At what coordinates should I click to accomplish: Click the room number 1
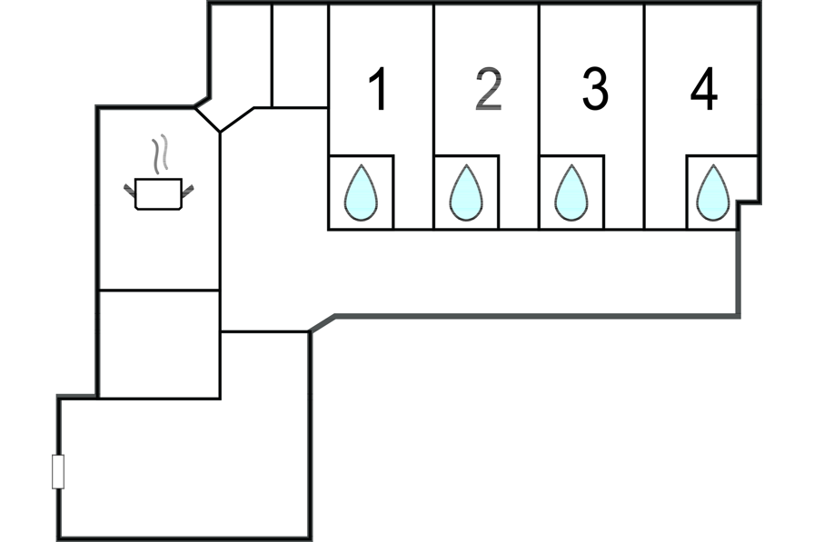tap(379, 91)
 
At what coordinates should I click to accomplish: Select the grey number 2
tap(488, 91)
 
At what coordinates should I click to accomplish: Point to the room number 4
tap(703, 91)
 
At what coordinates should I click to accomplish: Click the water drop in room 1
tap(361, 192)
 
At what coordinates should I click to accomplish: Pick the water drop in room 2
tap(466, 192)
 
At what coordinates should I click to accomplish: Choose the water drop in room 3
tap(571, 192)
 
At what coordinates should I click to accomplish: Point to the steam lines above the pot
tap(160, 154)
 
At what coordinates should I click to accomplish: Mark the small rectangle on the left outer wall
tap(58, 472)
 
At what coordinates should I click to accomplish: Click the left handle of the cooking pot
tap(129, 189)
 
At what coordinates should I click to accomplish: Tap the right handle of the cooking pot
tap(189, 189)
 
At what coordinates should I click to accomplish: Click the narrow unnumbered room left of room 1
tap(299, 54)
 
